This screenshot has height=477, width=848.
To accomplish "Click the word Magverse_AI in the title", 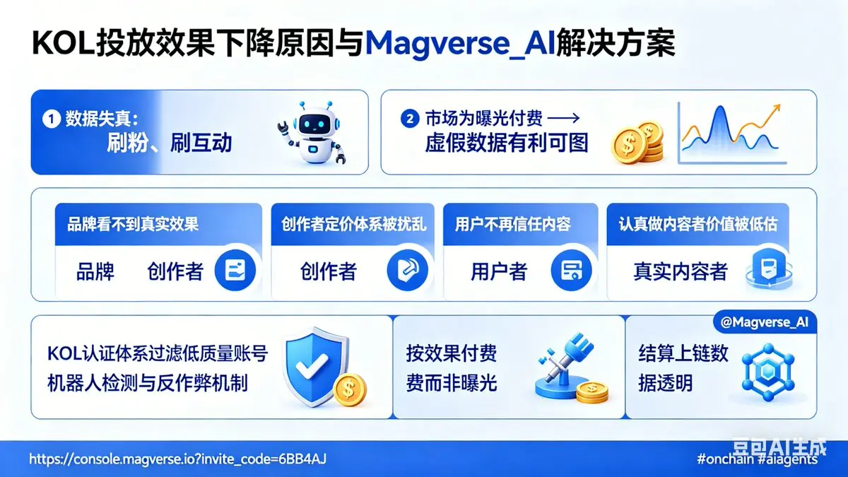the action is coord(460,44).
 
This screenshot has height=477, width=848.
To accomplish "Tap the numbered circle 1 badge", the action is coord(52,119).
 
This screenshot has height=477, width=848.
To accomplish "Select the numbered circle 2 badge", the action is coord(410,119).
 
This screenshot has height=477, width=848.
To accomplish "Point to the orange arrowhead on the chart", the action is coord(775,109).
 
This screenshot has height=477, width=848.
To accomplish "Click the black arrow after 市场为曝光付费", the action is coord(564,119).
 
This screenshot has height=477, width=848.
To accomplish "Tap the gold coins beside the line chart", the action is coord(637,142).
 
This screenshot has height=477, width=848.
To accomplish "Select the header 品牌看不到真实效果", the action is coord(133,224).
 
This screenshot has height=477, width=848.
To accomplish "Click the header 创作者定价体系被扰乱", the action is coord(353,224).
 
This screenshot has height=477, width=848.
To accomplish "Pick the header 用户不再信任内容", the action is coord(512,224).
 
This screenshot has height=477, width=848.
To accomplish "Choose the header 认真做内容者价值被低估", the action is coord(698,224).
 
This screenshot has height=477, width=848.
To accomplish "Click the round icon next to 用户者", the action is coord(571,270).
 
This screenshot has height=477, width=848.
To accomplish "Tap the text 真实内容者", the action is coord(681,271).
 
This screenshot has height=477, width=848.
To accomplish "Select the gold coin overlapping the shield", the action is coord(349,389).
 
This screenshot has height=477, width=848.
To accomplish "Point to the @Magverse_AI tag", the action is coord(765,322).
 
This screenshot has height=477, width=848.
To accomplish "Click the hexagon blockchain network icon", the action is coord(767,372).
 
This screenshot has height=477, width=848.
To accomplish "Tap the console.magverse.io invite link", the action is coord(177,459).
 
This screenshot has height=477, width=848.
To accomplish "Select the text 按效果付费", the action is coord(452,353).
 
